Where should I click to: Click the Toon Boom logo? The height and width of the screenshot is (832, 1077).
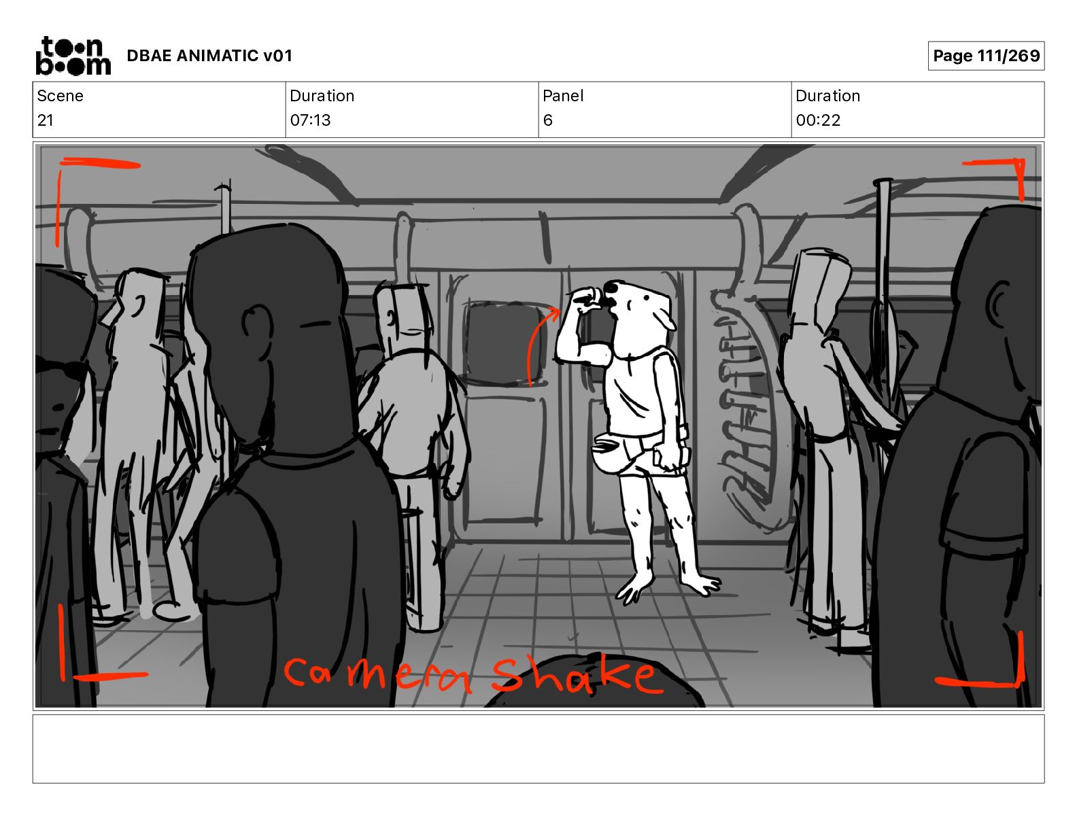(x=73, y=56)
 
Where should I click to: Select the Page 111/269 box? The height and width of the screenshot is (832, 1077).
(x=986, y=56)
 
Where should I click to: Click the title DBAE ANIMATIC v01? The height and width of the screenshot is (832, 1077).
(x=209, y=56)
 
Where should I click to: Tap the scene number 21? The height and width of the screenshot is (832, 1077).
(x=45, y=120)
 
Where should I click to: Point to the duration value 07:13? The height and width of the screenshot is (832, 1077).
(x=310, y=120)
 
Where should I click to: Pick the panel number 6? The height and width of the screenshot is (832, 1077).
(x=547, y=120)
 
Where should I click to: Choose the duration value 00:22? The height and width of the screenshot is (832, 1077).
(x=818, y=120)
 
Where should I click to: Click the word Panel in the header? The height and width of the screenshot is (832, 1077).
(x=563, y=96)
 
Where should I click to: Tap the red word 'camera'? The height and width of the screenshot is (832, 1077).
(x=377, y=674)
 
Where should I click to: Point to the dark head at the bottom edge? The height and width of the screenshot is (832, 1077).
(x=595, y=681)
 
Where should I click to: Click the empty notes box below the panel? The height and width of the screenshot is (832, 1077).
(x=538, y=749)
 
